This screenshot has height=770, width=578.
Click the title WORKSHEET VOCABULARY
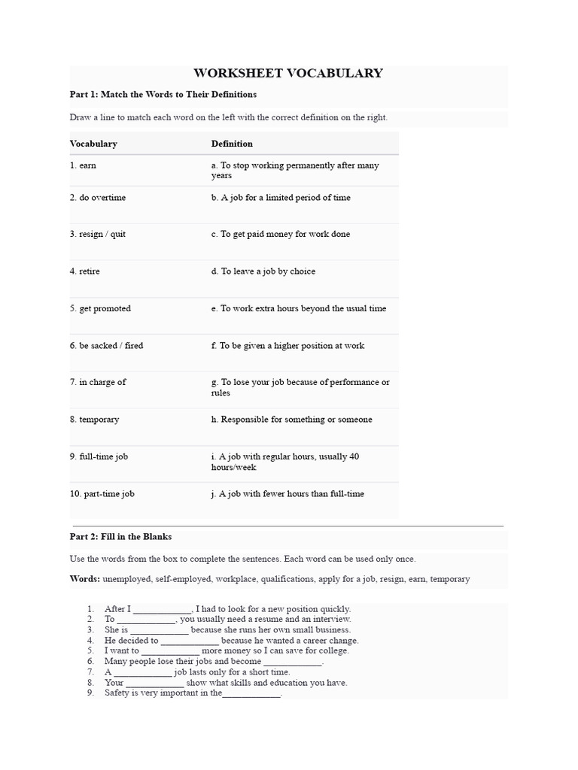point(288,73)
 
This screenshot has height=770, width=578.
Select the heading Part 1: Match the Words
point(163,94)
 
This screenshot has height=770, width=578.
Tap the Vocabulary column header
point(93,144)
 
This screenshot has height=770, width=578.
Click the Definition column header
point(232,144)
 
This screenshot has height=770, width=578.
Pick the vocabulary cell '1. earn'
point(83,165)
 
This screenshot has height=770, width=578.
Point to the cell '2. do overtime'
point(98,198)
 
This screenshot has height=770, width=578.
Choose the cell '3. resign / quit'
point(98,234)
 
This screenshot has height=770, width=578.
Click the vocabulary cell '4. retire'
point(84,271)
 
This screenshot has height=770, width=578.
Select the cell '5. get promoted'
point(100,308)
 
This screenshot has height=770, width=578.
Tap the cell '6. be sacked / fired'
point(106,346)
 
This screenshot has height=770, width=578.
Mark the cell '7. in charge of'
point(98,382)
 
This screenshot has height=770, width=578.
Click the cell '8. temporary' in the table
point(94,420)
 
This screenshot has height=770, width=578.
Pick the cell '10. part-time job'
point(102,494)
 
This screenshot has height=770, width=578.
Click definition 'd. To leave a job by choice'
point(263,271)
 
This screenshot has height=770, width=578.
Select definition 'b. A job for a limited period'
point(281,198)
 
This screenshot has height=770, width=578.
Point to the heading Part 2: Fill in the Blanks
point(121,537)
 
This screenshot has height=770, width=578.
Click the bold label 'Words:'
point(85,579)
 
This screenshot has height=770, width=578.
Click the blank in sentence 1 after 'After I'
point(163,610)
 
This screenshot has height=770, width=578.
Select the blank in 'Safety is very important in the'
point(251,694)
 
